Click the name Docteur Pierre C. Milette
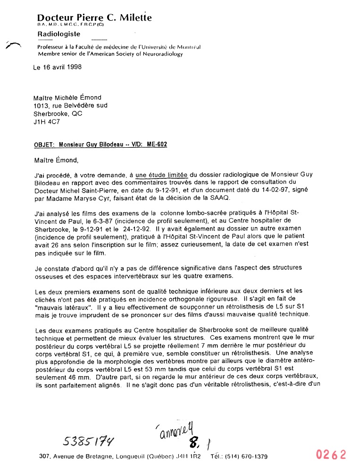click(94, 18)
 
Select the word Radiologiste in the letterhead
click(59, 34)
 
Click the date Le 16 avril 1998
click(58, 67)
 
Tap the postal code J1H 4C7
click(46, 121)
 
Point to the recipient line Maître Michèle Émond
click(67, 98)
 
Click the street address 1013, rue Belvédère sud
click(70, 106)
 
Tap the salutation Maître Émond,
click(54, 160)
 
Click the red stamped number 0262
click(331, 455)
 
